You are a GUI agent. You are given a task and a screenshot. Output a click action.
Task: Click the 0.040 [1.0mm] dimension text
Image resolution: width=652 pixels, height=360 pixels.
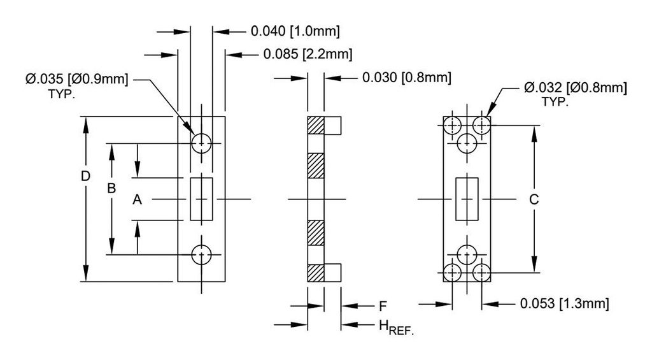coord(295,31)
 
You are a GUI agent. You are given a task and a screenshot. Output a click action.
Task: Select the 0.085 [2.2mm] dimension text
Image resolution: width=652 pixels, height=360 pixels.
coord(308,55)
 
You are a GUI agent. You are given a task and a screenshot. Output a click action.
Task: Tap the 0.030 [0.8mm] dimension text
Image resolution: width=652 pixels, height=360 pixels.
coord(407,78)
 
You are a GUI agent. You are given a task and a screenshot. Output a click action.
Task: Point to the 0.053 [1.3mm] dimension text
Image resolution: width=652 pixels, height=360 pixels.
coord(564,304)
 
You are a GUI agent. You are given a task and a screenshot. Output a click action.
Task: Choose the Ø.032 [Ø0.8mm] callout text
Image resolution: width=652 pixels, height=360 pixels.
coord(575,88)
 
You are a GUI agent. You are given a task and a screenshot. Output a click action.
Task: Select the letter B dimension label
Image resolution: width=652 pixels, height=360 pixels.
coord(111,189)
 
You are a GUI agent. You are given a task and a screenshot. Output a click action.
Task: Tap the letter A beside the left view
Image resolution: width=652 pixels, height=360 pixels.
coord(137,200)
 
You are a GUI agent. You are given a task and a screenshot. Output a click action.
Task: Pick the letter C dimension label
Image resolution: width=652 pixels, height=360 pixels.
coord(534,199)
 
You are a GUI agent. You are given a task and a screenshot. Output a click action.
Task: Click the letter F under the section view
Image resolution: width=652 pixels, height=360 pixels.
coord(383,305)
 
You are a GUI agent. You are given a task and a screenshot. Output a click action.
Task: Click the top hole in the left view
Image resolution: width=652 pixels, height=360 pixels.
coord(202,143)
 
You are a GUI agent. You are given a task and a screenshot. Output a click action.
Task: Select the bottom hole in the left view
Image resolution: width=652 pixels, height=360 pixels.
coord(202,254)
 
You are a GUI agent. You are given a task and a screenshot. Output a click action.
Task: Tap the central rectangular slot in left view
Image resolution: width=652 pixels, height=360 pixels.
coord(202,199)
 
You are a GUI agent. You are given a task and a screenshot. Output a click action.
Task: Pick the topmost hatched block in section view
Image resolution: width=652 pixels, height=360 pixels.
coord(316,126)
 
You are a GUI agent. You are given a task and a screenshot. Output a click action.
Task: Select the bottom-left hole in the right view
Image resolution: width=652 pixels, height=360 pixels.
coord(453,273)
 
